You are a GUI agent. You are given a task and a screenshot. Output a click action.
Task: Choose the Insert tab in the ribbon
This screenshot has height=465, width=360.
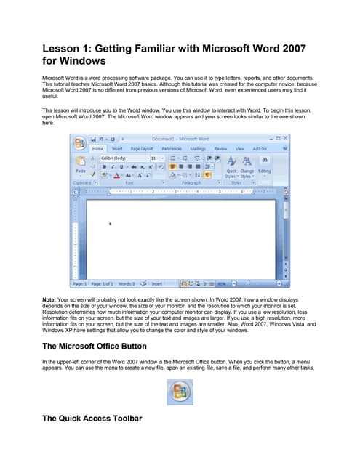pyautogui.click(x=118, y=149)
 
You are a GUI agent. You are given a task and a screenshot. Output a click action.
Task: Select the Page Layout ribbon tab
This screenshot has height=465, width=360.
pyautogui.click(x=141, y=149)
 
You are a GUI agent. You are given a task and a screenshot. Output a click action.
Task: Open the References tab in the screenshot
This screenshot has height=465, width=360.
pyautogui.click(x=172, y=149)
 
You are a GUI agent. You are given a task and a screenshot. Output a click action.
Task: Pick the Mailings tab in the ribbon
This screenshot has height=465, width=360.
pyautogui.click(x=198, y=149)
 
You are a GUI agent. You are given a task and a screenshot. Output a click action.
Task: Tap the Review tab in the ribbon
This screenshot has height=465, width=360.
pyautogui.click(x=220, y=149)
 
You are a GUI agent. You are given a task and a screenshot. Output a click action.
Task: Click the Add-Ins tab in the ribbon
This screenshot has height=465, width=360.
pyautogui.click(x=258, y=149)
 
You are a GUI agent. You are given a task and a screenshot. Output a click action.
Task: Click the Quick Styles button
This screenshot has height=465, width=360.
pyautogui.click(x=231, y=168)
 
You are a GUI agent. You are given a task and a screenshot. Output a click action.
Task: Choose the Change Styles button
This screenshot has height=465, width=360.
pyautogui.click(x=247, y=168)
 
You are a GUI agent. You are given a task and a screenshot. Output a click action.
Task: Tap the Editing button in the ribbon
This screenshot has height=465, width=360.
pyautogui.click(x=264, y=168)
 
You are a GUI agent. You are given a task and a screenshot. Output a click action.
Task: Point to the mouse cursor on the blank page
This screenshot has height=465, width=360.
pyautogui.click(x=110, y=225)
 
